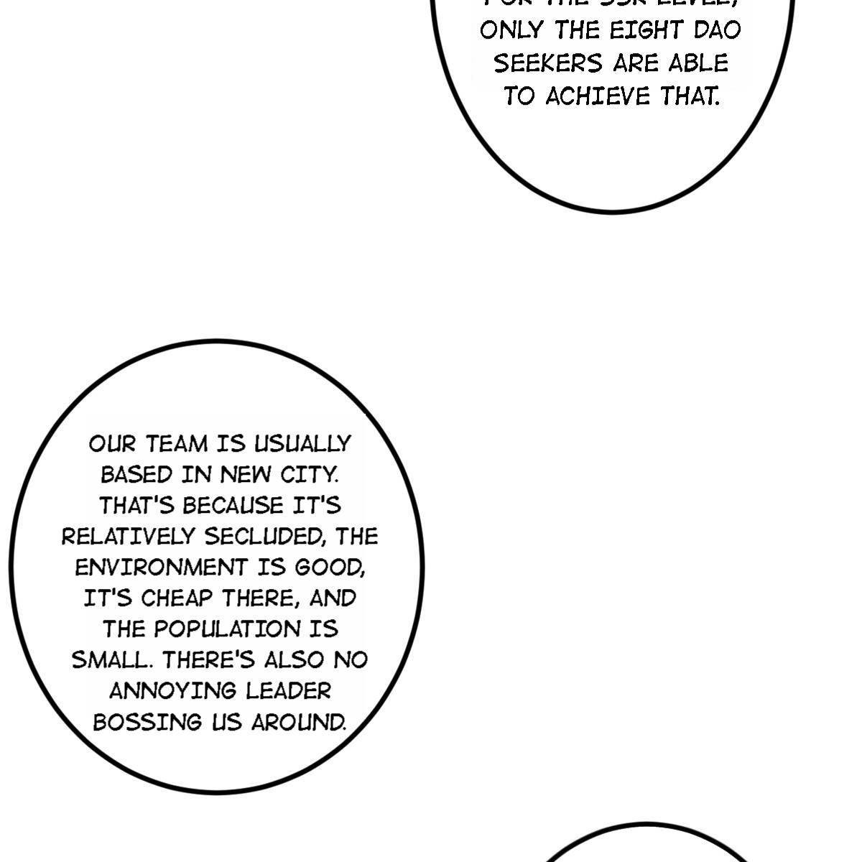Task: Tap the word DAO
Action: [x=715, y=30]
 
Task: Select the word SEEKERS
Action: [x=548, y=63]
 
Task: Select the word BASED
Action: [x=136, y=475]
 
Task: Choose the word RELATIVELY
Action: [x=129, y=537]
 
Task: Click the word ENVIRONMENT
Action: [x=160, y=567]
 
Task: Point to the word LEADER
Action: [x=288, y=691]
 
